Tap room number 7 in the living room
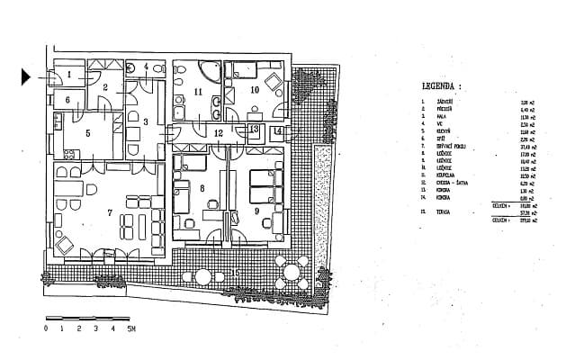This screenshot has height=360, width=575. click(110, 212)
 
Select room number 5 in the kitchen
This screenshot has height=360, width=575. click(88, 132)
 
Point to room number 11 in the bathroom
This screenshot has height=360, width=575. click(197, 91)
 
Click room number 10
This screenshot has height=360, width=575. click(254, 90)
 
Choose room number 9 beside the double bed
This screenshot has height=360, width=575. click(257, 211)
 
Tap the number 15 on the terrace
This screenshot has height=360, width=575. click(237, 272)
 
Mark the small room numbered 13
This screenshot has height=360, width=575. click(254, 130)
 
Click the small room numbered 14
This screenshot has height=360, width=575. click(278, 131)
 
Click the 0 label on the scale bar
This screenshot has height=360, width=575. click(45, 329)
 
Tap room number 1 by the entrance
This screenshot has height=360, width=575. click(67, 74)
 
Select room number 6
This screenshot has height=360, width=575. click(67, 99)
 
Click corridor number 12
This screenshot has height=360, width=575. click(219, 132)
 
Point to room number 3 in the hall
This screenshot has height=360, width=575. click(144, 121)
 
